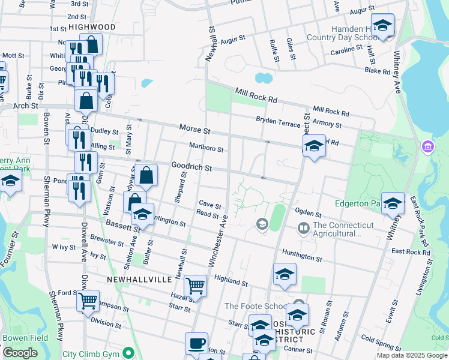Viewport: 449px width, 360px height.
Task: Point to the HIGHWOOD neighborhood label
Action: tap(92, 27)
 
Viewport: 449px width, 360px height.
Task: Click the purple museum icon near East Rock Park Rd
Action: tap(427, 146)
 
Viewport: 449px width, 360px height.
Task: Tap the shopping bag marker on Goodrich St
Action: tap(146, 175)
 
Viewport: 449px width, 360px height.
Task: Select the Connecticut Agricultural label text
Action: tap(343, 229)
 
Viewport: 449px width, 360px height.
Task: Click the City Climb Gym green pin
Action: tap(127, 352)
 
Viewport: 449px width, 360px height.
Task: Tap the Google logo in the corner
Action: tap(20, 353)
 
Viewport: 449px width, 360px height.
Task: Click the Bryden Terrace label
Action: tap(278, 121)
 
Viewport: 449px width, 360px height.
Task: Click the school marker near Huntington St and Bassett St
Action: tap(143, 214)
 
